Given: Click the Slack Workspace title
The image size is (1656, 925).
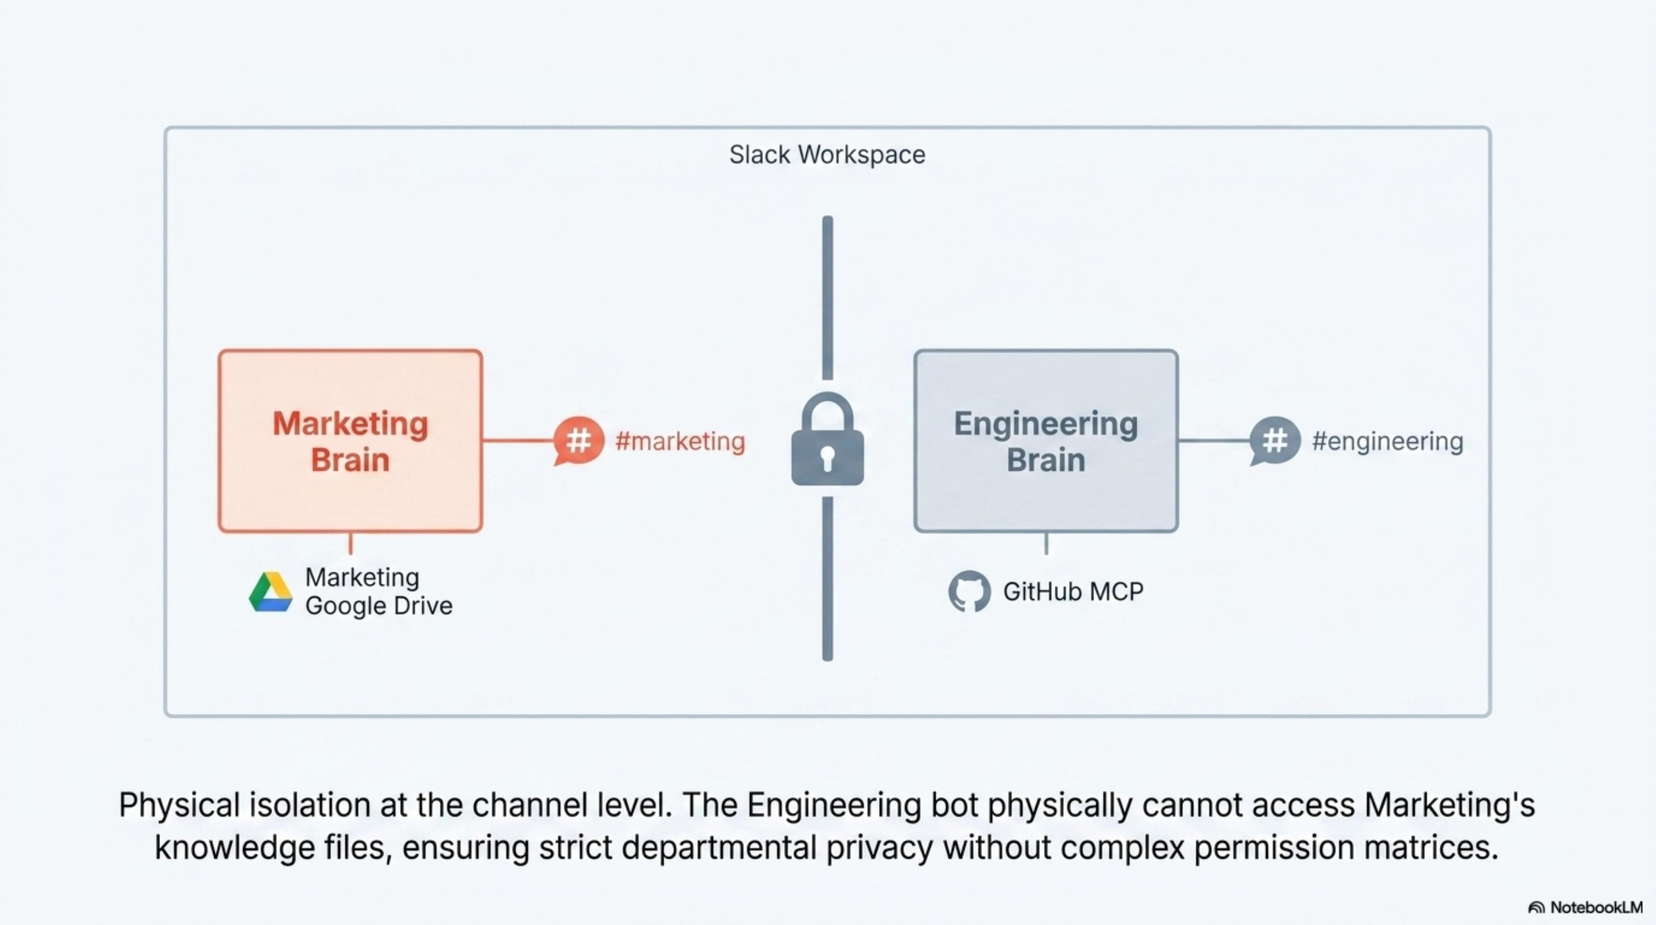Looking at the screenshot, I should tap(827, 155).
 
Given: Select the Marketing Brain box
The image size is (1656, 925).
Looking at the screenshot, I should tap(351, 441).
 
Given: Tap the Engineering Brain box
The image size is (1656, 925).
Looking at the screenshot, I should tap(1045, 441).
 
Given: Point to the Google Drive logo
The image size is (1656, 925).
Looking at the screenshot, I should tap(271, 592).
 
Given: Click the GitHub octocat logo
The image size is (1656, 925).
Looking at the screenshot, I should tap(969, 591).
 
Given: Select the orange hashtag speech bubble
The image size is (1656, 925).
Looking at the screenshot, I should tap(579, 441).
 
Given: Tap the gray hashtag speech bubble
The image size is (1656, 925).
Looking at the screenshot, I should tap(1275, 441).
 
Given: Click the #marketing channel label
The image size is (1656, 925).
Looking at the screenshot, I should tap(680, 441).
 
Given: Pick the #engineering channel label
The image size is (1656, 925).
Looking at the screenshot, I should tap(1387, 441).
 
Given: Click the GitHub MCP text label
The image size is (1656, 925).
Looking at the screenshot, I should tap(1073, 592).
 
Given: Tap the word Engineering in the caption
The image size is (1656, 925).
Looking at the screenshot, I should tap(834, 805).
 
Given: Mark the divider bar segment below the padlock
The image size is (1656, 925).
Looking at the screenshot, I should tap(827, 578).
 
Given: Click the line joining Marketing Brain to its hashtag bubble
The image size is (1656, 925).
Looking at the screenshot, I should tap(518, 441).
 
